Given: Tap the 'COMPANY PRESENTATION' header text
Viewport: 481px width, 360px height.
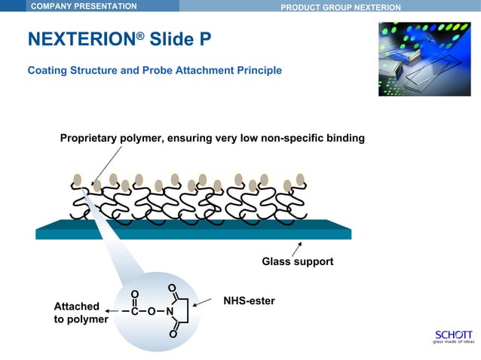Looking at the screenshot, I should [x=83, y=7].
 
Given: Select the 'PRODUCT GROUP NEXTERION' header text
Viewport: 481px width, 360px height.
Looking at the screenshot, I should [x=340, y=8].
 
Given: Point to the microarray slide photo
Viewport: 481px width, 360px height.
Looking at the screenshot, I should [x=424, y=59].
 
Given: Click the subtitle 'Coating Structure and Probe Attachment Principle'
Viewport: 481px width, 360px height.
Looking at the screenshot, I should [x=155, y=71].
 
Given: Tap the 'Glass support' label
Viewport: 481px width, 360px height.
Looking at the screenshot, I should [x=297, y=262].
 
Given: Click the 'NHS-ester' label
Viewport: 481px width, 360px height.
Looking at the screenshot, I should [x=249, y=301].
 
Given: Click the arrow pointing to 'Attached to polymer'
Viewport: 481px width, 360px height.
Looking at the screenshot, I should [x=112, y=311].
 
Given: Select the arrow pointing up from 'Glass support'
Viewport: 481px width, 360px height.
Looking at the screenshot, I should [x=297, y=248].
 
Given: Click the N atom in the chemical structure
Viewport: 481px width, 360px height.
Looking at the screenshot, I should [x=170, y=311].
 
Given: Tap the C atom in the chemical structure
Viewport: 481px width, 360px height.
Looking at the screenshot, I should [x=133, y=311].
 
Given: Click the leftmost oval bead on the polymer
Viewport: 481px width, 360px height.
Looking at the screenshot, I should [x=78, y=179].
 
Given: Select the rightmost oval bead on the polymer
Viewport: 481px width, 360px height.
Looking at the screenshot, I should [x=300, y=178].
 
